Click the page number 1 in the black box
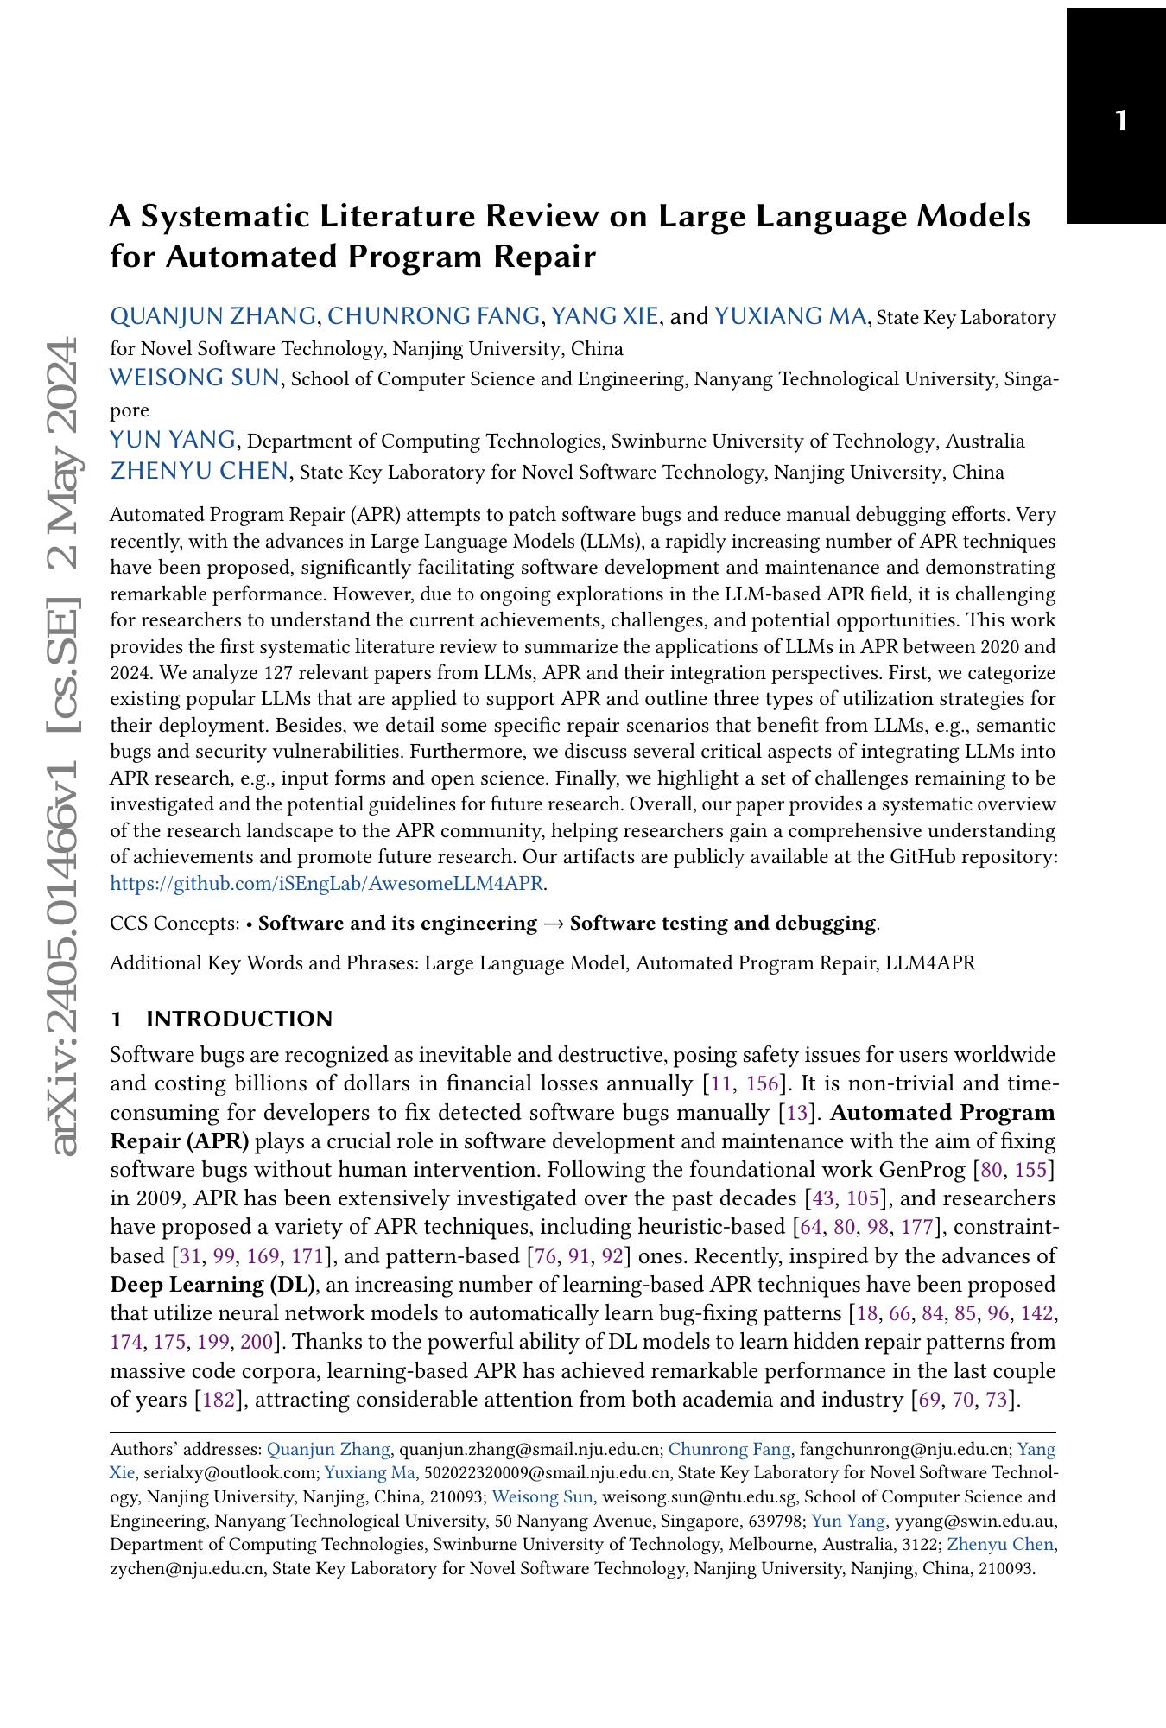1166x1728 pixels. tap(1121, 120)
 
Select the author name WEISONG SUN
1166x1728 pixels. tap(194, 378)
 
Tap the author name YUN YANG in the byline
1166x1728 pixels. tap(173, 440)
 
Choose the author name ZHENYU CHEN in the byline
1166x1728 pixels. tap(199, 471)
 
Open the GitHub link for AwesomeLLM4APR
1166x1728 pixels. tap(328, 883)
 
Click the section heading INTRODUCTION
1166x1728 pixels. tap(239, 1019)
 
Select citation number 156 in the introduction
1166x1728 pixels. tap(762, 1083)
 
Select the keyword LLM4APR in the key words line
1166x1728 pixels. tap(930, 962)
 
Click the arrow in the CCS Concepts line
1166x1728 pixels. tap(553, 924)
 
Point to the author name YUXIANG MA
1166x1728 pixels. tap(790, 316)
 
